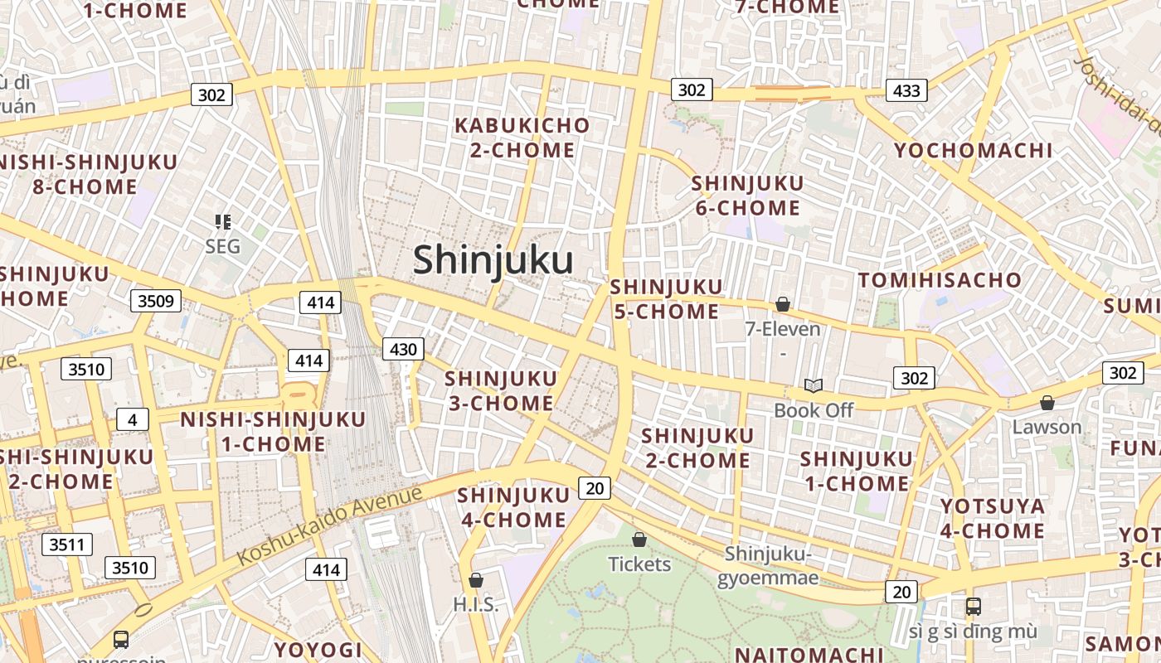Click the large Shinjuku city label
pos(493,260)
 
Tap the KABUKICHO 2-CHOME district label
pos(522,138)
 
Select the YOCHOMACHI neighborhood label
pos(973,151)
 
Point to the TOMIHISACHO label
pos(940,280)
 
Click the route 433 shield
pos(906,90)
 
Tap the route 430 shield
pos(403,349)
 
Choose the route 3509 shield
pos(156,300)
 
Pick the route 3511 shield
pos(67,544)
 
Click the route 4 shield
pos(132,419)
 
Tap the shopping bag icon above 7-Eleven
pos(782,305)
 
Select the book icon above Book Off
pos(814,385)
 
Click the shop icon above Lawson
pos(1047,403)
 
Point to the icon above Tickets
pos(639,540)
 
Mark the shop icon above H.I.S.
pos(476,580)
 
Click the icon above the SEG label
pos(222,221)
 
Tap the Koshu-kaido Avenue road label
pos(329,526)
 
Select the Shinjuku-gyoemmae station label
pos(767,565)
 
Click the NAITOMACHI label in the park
pos(809,654)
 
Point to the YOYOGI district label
pos(318,649)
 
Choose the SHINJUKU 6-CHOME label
pos(748,196)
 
